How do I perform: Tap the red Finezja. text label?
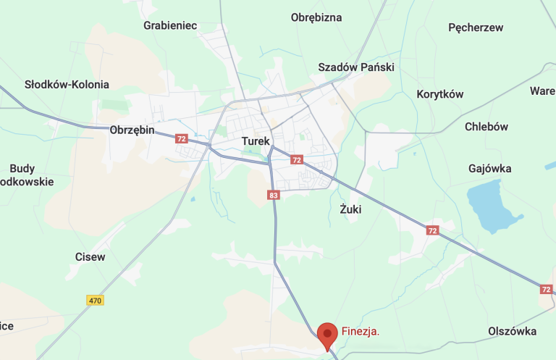click(x=361, y=332)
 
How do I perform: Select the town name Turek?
click(x=256, y=141)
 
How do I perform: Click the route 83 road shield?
click(x=273, y=195)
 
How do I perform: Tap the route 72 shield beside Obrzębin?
click(x=181, y=138)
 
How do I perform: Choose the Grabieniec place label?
click(x=170, y=25)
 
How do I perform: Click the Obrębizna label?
click(x=316, y=17)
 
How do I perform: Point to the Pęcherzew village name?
click(x=476, y=28)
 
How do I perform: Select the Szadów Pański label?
click(x=356, y=67)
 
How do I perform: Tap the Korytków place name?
click(x=440, y=94)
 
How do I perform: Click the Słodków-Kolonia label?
click(x=67, y=84)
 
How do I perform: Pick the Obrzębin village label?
click(x=132, y=130)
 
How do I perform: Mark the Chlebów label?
click(x=486, y=126)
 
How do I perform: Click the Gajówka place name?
click(x=490, y=169)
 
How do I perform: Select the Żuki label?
click(x=350, y=209)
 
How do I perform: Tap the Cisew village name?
click(x=90, y=256)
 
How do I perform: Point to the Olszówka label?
click(x=513, y=331)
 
